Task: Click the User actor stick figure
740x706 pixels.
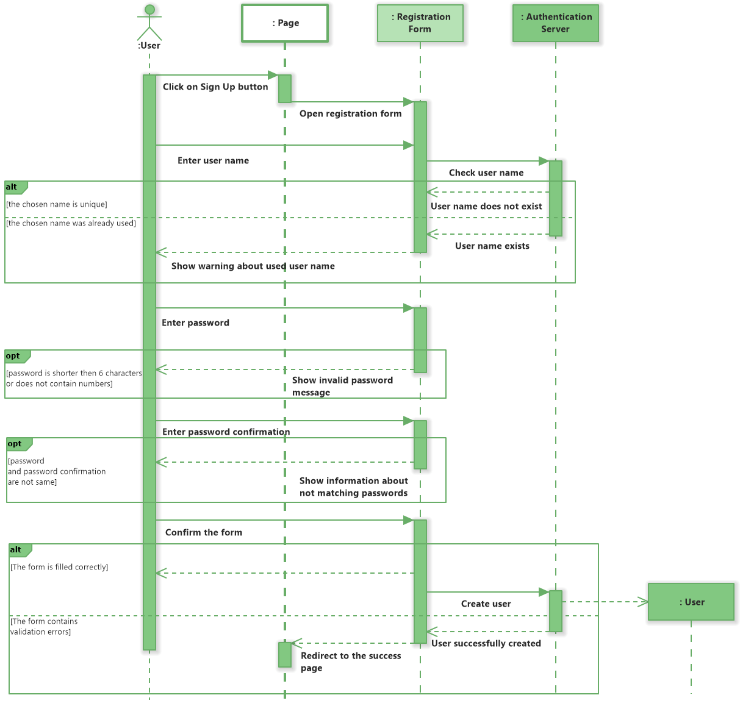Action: (149, 23)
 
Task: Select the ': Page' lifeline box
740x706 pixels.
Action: (285, 24)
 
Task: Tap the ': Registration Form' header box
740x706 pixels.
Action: (420, 24)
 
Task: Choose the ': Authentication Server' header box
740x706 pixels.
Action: (555, 24)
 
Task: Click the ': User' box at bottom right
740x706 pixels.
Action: (691, 602)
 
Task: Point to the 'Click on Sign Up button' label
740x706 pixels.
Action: (215, 87)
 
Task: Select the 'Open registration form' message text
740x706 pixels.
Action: (350, 114)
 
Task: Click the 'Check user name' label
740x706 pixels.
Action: (486, 173)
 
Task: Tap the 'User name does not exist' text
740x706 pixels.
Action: (486, 207)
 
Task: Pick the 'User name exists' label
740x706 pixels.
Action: (492, 246)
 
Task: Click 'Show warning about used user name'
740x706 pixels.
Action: (253, 266)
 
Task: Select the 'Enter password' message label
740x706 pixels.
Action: (195, 323)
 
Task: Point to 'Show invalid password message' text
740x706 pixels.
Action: (342, 387)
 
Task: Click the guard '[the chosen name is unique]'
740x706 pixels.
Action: (57, 205)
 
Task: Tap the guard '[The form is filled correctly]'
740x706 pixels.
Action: (59, 568)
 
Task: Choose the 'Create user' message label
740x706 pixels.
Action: (486, 604)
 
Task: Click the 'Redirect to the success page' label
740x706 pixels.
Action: (350, 662)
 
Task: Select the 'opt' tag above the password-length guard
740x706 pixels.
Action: (13, 356)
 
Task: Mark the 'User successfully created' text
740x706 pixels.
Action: (486, 644)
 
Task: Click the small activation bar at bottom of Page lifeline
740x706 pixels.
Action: (285, 655)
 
